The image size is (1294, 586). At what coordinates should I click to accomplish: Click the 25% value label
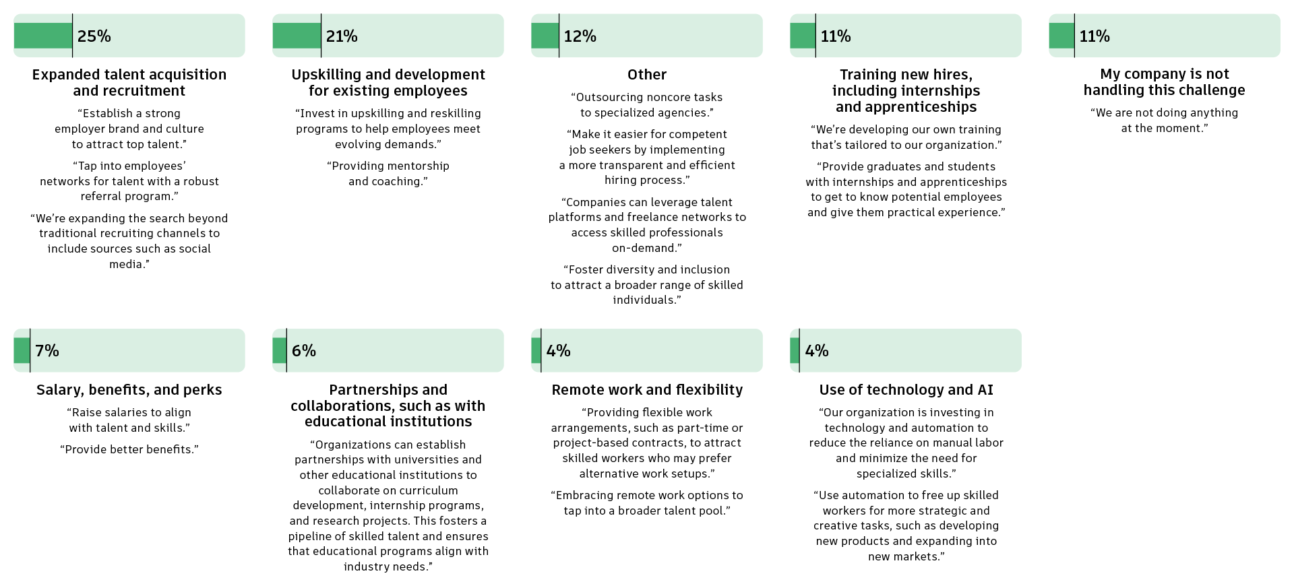[x=94, y=36]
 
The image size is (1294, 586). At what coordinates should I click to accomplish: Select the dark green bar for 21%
[x=297, y=36]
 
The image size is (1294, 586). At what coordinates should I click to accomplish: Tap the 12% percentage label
[x=580, y=36]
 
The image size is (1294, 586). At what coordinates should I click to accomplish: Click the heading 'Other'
[x=646, y=75]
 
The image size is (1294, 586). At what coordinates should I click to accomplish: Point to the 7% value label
[x=47, y=351]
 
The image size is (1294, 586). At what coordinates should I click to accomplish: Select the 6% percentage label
[x=303, y=351]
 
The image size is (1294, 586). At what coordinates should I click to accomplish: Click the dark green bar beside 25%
[x=42, y=36]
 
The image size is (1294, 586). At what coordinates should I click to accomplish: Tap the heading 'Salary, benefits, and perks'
[x=129, y=390]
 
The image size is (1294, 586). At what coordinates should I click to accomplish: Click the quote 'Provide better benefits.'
[x=129, y=449]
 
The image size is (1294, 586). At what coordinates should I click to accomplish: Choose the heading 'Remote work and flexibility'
[x=646, y=390]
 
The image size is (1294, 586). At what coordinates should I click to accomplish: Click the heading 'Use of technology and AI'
[x=906, y=390]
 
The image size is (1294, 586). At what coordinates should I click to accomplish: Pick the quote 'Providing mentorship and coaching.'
[x=388, y=174]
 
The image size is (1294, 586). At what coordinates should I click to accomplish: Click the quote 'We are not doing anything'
[x=1164, y=121]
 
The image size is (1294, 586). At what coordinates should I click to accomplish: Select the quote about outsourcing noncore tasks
[x=646, y=105]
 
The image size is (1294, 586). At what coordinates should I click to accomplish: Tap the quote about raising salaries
[x=129, y=420]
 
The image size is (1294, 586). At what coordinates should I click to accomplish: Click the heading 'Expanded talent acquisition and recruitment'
[x=129, y=83]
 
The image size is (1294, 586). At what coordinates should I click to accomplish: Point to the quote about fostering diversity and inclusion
[x=646, y=285]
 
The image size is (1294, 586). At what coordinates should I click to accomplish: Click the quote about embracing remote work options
[x=646, y=503]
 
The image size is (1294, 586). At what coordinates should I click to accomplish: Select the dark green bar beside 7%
[x=22, y=350]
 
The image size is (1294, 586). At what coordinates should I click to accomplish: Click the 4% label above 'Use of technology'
[x=816, y=351]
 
